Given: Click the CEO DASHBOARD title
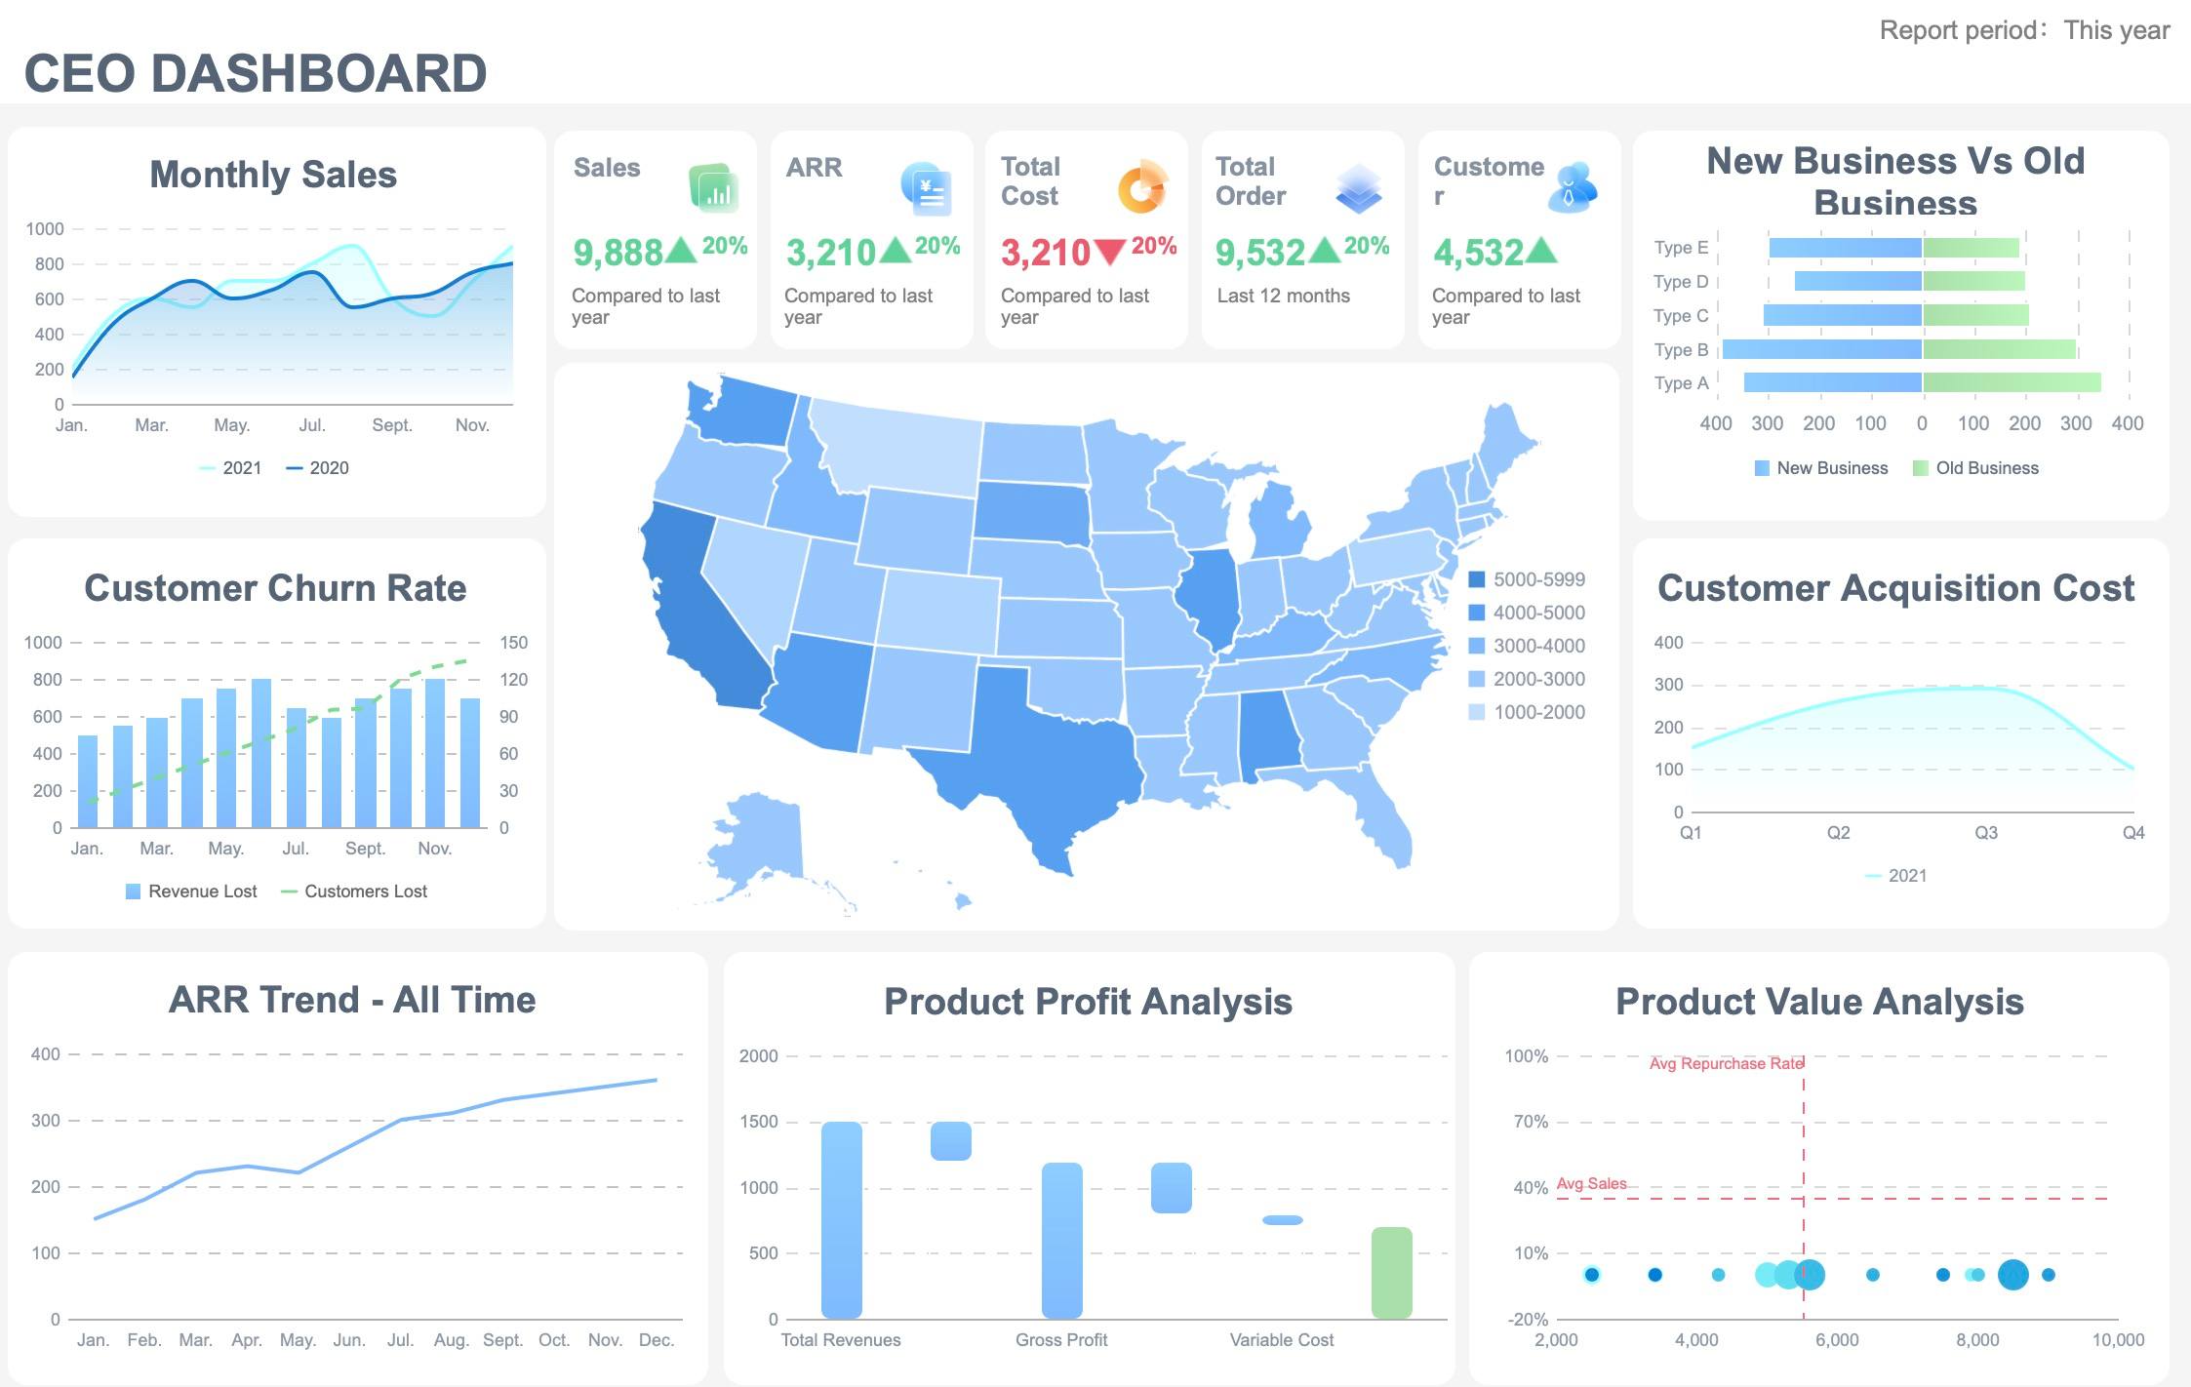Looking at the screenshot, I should click(x=256, y=73).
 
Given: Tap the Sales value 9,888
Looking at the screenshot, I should click(x=617, y=253).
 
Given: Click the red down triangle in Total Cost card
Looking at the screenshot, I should click(x=1109, y=252).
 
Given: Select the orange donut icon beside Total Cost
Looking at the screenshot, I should click(x=1142, y=186).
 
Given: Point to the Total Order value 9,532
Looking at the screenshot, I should click(x=1259, y=253).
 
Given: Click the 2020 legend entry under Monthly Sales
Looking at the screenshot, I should click(x=318, y=468).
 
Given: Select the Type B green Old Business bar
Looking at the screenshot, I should click(x=1998, y=349).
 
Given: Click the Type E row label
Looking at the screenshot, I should click(x=1680, y=248).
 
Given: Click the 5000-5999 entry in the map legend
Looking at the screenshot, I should click(x=1527, y=579).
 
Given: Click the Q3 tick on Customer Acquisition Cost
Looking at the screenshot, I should click(x=1985, y=833).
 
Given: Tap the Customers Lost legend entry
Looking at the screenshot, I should click(x=354, y=892).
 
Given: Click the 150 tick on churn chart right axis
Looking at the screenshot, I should click(x=513, y=643).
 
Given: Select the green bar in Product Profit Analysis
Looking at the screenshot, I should click(x=1391, y=1272).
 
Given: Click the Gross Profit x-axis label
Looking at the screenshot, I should click(x=1060, y=1340).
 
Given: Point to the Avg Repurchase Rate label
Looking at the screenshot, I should click(x=1725, y=1063).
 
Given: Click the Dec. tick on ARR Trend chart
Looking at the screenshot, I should click(x=656, y=1340).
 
